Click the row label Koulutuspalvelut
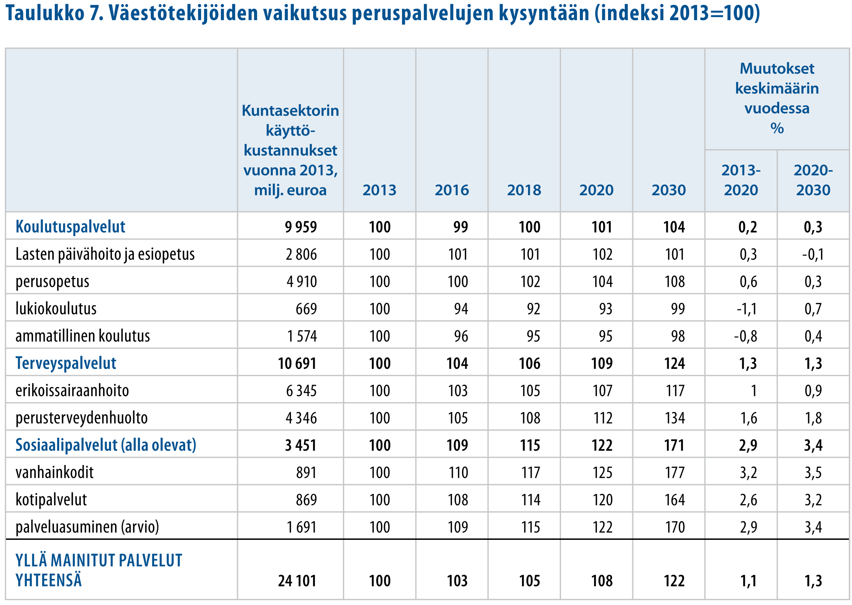point(70,227)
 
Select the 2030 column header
point(668,190)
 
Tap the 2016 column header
point(452,190)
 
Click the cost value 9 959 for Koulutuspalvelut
point(301,227)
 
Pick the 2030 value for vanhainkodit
point(675,473)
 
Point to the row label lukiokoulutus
point(56,309)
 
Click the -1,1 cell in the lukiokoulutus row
point(747,309)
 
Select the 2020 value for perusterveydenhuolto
point(602,418)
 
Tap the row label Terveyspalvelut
point(66,363)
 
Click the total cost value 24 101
point(297,581)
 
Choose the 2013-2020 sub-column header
point(741,180)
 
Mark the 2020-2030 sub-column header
point(813,180)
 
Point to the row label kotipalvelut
point(51,500)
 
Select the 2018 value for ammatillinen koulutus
point(533,336)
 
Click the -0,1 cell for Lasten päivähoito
point(813,255)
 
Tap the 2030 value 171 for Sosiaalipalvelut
point(675,445)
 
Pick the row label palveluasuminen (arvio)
point(87,527)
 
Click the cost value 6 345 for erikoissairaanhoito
point(301,391)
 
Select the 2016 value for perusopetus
point(458,282)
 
